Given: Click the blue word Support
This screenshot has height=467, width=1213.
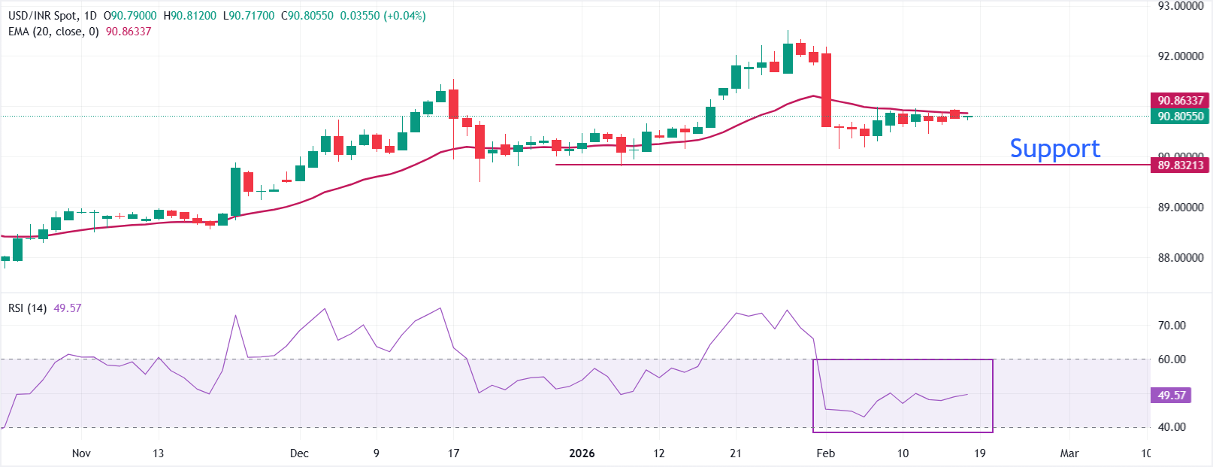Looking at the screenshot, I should [x=1054, y=148].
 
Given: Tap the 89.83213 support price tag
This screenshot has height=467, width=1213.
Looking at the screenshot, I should [x=1180, y=165].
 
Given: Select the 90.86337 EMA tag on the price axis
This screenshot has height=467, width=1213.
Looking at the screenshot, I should [x=1180, y=100].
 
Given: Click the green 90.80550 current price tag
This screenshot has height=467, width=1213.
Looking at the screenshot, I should [x=1180, y=117].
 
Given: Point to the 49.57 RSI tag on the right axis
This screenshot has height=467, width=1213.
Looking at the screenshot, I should [x=1171, y=396].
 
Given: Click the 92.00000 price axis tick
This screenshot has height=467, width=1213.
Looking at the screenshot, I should [x=1180, y=56].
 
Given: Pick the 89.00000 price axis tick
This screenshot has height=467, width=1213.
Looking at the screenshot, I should [x=1180, y=208].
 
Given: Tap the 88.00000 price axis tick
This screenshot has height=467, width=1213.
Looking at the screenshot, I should [x=1180, y=258].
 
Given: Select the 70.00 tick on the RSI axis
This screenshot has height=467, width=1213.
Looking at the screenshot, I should [x=1172, y=326].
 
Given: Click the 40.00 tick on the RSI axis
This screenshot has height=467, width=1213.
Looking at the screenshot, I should [x=1172, y=427].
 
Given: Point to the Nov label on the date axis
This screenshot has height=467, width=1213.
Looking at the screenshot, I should [x=81, y=453].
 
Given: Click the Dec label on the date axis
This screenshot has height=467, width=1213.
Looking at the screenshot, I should [x=299, y=453].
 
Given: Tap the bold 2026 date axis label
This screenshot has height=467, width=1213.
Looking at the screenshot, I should [x=582, y=453].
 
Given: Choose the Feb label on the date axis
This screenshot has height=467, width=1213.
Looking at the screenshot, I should [x=825, y=453].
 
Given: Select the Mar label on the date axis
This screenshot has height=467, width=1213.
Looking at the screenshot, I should [x=1069, y=453].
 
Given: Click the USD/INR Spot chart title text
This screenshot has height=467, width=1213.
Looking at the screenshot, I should [x=42, y=16].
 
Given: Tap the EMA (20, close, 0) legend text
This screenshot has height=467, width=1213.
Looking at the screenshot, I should [x=53, y=32].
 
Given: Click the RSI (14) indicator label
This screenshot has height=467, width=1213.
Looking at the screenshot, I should [x=28, y=308].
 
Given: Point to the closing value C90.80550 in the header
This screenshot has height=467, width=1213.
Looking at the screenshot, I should [x=307, y=16].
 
